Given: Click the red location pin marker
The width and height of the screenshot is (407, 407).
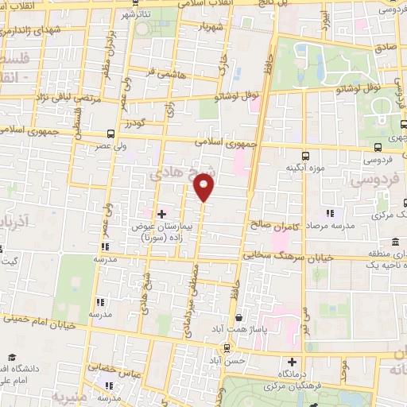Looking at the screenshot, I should pos(204,188).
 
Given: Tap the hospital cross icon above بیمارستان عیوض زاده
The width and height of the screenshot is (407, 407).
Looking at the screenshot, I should pos(162,214).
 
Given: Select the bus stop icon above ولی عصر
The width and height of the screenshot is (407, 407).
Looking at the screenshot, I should pos(109,134).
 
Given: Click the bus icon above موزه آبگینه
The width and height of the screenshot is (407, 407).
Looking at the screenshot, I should pos(307,156).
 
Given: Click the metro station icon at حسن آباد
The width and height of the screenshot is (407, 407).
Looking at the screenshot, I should pos(229,347).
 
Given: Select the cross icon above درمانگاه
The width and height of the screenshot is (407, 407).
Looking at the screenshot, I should pos(293,362).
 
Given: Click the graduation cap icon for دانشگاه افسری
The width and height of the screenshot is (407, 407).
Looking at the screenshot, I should pos(11,358).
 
